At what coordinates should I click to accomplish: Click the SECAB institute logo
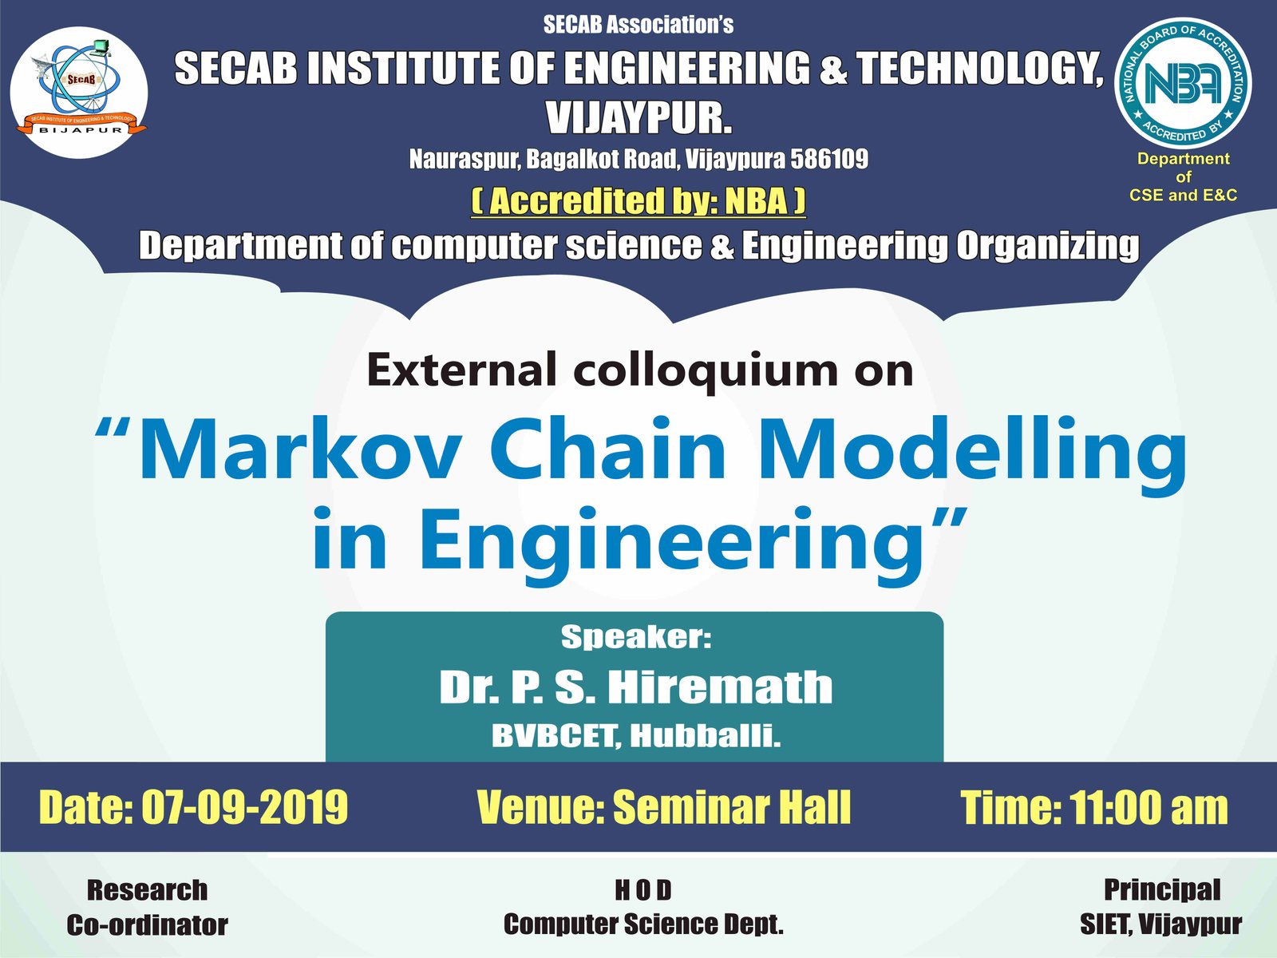79,93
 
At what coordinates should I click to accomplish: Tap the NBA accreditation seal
1183,83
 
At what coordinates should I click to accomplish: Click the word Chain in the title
607,449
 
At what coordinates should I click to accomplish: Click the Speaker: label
636,638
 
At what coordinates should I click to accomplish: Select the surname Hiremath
720,687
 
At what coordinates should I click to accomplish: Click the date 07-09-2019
244,807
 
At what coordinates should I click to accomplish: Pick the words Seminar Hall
731,807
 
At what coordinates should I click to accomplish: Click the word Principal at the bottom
1162,889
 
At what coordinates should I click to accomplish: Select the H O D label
642,890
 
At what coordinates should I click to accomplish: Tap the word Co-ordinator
147,924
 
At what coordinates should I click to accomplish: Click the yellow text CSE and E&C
1183,195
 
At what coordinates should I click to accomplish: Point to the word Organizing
1048,245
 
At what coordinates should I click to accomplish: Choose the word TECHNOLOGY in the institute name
979,68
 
